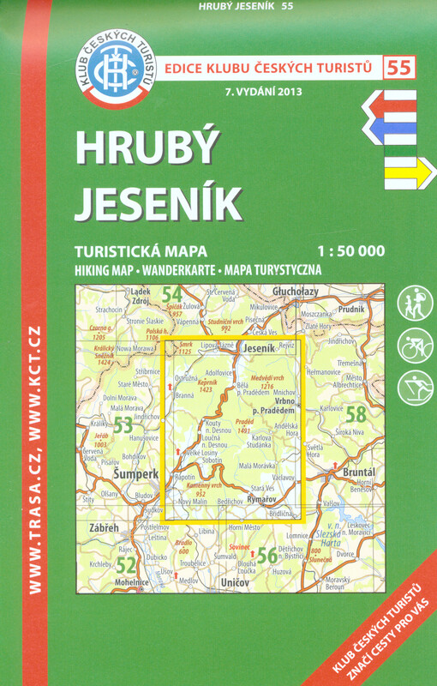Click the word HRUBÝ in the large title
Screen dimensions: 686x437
coord(147,148)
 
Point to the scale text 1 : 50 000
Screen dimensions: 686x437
coord(350,252)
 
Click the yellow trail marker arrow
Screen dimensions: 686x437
coord(398,177)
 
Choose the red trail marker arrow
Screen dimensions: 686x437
coord(391,105)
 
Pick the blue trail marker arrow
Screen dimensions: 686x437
coord(391,129)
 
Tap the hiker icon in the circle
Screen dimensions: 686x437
coord(416,303)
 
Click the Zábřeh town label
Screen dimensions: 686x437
coord(104,529)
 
